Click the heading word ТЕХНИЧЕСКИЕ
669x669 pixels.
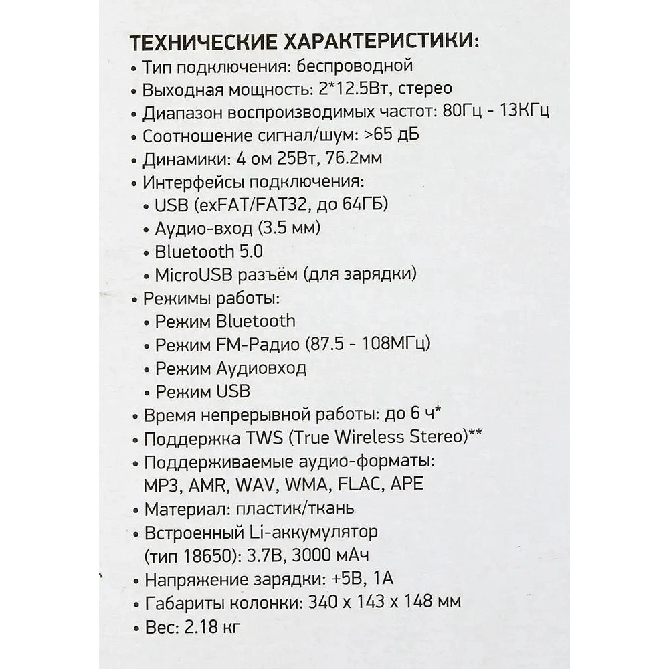click(201, 43)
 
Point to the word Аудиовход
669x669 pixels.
click(262, 368)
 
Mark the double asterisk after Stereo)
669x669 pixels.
click(475, 435)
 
